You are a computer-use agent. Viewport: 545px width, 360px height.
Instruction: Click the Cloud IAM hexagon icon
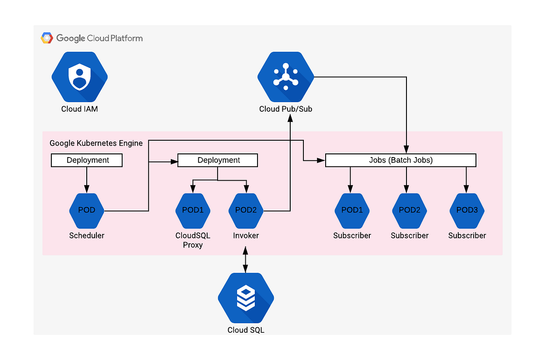point(79,77)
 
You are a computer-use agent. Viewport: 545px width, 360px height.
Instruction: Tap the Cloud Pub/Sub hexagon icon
point(286,77)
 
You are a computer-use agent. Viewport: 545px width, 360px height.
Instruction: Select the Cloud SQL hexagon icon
point(246,298)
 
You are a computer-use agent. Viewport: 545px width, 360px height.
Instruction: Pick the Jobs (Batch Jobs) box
point(401,160)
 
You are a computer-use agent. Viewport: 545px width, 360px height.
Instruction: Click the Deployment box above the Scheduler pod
point(87,160)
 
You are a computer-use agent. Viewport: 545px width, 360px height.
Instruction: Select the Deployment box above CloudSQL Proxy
point(218,160)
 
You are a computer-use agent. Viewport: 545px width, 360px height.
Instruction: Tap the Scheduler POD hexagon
point(87,211)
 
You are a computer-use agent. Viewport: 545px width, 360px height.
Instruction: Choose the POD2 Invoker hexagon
point(246,211)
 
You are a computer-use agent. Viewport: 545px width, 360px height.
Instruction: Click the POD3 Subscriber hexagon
point(467,211)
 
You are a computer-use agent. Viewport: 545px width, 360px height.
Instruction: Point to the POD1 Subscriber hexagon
point(352,211)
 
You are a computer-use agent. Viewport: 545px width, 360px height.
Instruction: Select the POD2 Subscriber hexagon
point(410,211)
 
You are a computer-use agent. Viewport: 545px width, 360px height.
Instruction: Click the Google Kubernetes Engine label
point(96,143)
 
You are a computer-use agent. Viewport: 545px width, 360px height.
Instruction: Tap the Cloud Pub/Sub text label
point(286,109)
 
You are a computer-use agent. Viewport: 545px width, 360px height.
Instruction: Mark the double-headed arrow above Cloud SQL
point(246,260)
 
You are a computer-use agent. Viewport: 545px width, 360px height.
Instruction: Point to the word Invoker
point(246,236)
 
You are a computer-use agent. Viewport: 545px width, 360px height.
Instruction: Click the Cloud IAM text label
point(79,109)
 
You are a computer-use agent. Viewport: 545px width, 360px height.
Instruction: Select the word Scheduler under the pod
point(87,236)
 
